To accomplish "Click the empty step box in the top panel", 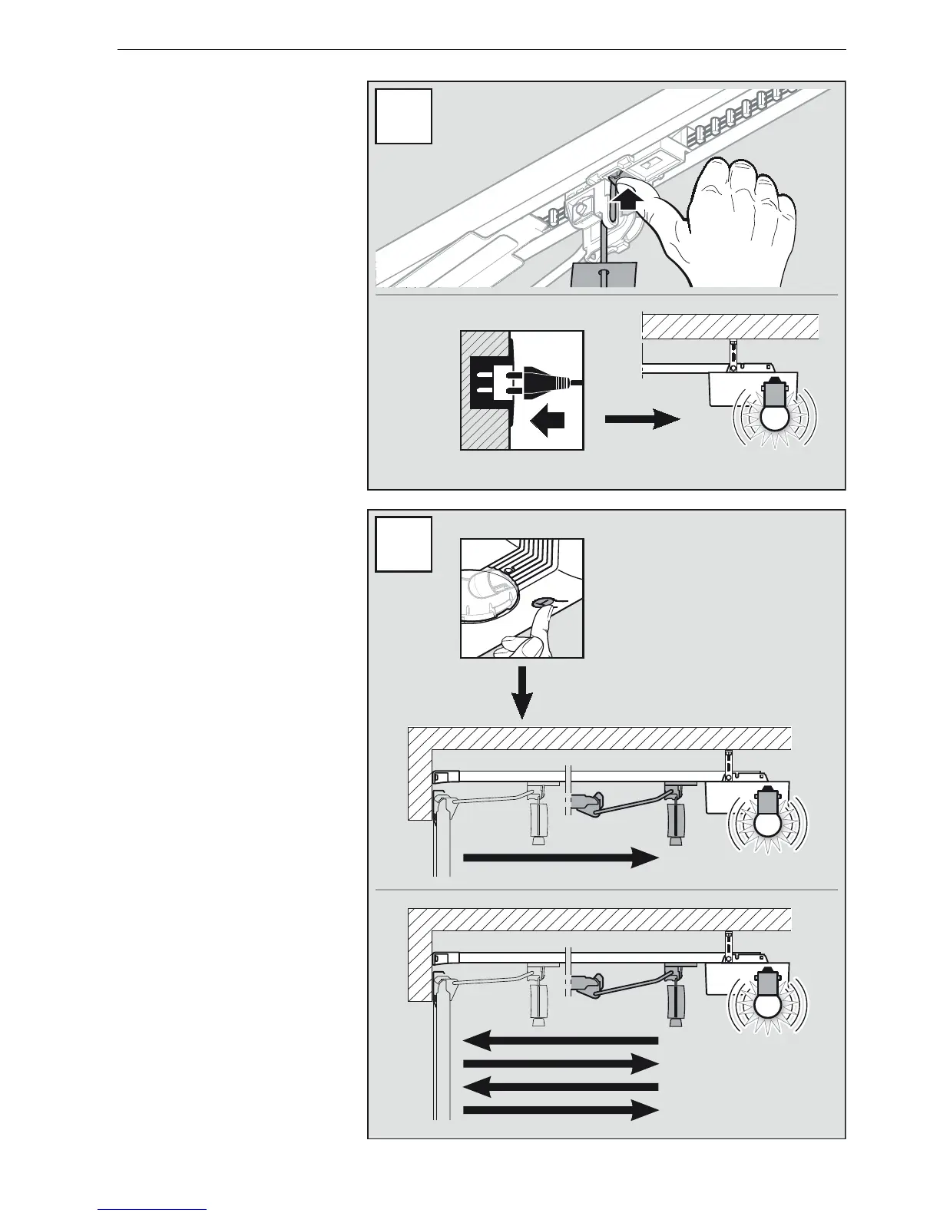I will [x=403, y=117].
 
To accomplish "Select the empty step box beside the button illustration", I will [x=403, y=544].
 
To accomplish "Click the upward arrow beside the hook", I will [x=629, y=201].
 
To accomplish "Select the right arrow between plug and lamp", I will [x=642, y=419].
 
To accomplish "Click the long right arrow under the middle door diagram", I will [x=561, y=857].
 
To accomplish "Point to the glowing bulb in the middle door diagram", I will [x=768, y=823].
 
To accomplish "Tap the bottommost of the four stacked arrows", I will [x=561, y=1109].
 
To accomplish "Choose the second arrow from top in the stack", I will [x=561, y=1064].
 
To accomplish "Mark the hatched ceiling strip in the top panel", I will [x=730, y=326].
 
